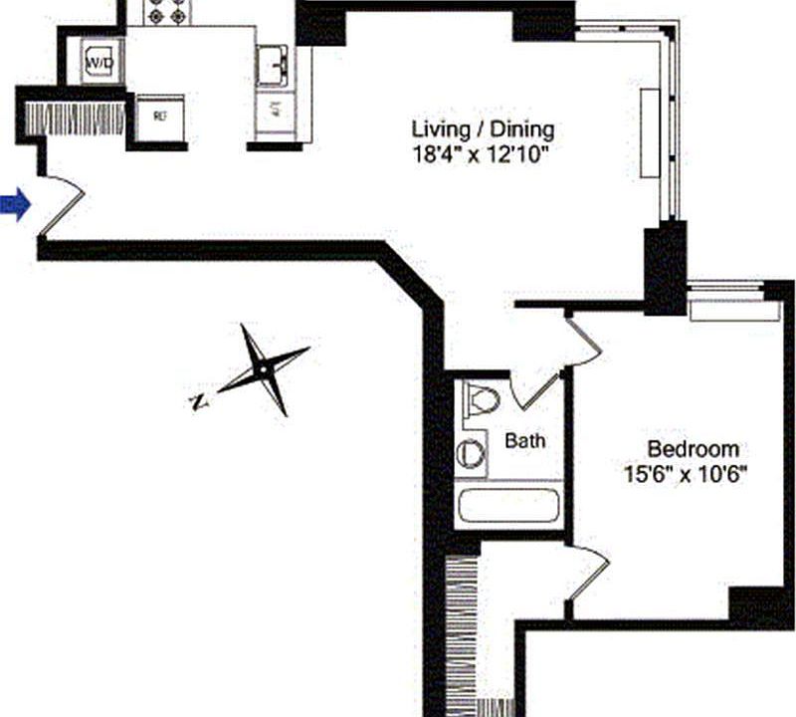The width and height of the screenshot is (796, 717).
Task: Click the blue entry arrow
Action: click(15, 205)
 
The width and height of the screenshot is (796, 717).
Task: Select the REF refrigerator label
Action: click(159, 116)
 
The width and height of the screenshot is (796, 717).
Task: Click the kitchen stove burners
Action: click(164, 11)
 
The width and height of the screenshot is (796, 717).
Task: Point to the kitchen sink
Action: click(273, 67)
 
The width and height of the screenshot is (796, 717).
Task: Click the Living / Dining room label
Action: click(483, 129)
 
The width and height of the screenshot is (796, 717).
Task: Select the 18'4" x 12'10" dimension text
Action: click(482, 153)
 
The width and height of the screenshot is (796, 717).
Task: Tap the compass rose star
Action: click(263, 369)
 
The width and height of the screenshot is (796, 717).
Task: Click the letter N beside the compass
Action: click(198, 402)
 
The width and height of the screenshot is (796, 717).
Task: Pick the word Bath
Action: click(524, 440)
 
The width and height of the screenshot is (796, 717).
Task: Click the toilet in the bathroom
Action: click(482, 399)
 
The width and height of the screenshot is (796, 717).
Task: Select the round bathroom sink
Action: click(471, 455)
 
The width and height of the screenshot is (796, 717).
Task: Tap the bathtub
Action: click(507, 505)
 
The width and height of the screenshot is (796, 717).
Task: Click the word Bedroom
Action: click(694, 448)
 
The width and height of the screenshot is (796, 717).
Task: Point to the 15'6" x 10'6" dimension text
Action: click(687, 475)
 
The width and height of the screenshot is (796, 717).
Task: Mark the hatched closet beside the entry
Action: click(75, 119)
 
